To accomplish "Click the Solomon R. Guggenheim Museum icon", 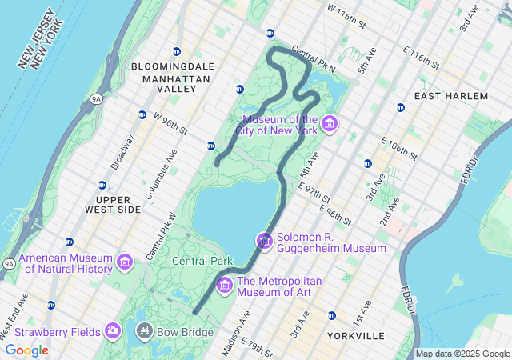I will click(x=264, y=240).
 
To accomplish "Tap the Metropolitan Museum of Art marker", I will click(x=224, y=284).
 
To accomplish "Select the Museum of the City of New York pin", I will click(x=330, y=125).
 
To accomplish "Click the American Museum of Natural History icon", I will click(x=125, y=262).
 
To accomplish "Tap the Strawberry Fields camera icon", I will click(x=113, y=330).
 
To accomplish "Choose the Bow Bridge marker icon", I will click(x=146, y=330).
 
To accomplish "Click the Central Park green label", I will click(x=202, y=261).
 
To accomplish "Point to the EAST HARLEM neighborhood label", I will click(x=450, y=96).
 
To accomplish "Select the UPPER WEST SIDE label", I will click(x=113, y=204).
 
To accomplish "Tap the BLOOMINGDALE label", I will click(x=173, y=66).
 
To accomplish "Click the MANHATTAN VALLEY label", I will click(x=176, y=84).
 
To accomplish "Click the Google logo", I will click(x=26, y=350).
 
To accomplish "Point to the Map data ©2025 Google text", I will click(x=462, y=354).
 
